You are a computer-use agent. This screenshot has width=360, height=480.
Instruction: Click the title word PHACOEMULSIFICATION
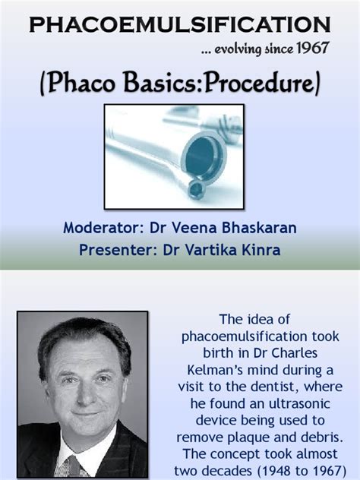coord(180,24)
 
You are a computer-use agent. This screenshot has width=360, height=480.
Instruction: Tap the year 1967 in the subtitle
coord(312,48)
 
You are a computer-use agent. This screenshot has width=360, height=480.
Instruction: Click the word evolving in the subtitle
coord(238,49)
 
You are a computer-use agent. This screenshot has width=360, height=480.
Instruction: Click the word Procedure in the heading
coord(259,82)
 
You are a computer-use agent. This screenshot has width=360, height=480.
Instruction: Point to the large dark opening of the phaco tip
coord(202,156)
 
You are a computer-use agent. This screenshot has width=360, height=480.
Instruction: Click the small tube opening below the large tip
coord(195,189)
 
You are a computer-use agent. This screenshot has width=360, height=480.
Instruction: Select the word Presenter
coord(115,250)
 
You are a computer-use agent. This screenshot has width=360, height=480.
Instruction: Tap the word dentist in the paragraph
coord(274,387)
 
